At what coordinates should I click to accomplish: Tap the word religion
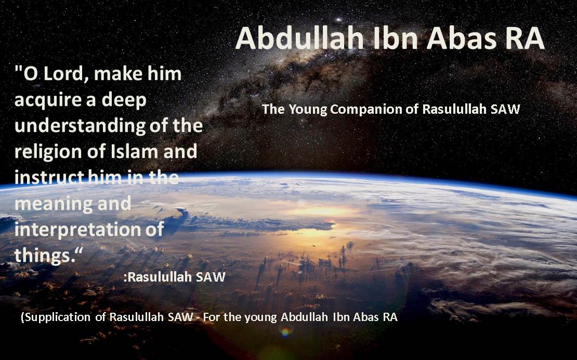click(47, 152)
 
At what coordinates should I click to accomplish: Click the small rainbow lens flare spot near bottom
click(285, 332)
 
